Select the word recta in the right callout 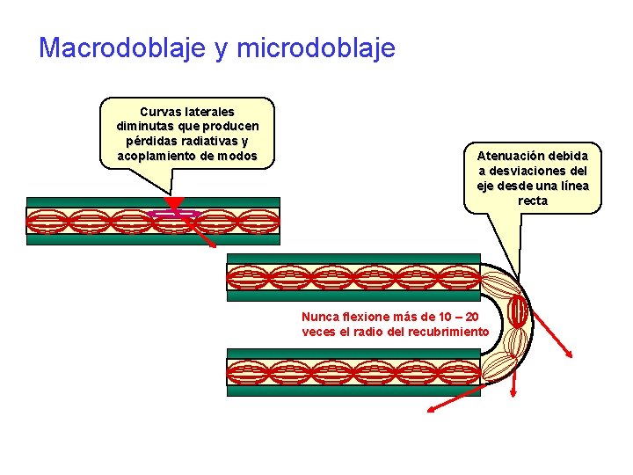pos(533,201)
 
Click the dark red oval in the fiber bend pos(518,311)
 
